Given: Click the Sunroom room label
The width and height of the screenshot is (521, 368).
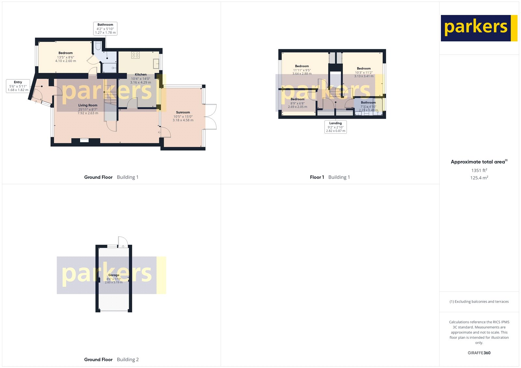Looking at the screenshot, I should coord(183,112).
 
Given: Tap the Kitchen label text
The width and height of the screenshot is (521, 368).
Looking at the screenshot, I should coord(141,75).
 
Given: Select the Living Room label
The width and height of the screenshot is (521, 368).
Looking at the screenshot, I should coord(88,105).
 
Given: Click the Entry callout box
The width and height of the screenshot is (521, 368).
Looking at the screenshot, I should coord(18,86).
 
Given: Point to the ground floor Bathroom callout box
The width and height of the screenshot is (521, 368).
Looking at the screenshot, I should coord(105,29).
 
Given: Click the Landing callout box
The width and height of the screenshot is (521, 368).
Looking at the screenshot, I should coord(335,127).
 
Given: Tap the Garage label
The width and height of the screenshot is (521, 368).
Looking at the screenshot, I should coord(114,275).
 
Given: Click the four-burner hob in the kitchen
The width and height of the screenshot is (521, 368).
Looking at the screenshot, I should coord(135,55).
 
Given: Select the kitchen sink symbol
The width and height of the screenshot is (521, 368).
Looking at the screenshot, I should coord(156,63).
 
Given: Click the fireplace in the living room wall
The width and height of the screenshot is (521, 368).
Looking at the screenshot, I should coord(84,140).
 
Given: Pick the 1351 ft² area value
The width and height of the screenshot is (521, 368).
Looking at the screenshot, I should coord(479,170).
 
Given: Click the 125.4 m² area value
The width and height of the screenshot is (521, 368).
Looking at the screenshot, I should coord(479,178).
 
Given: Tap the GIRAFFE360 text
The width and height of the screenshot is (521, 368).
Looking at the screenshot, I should coord(479,353).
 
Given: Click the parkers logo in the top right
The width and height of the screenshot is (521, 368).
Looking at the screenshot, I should coord(479,28).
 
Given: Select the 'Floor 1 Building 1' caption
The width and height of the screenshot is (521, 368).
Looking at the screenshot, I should coord(330,177).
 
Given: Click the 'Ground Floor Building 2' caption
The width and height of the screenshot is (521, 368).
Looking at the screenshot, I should coord(111,360).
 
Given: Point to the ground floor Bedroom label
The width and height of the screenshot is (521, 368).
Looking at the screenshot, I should coord(65,53).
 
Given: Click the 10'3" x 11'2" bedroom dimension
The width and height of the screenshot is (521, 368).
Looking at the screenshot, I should coord(364,73).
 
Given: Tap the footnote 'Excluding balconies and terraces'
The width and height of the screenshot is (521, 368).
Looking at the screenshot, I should coord(479,302).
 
